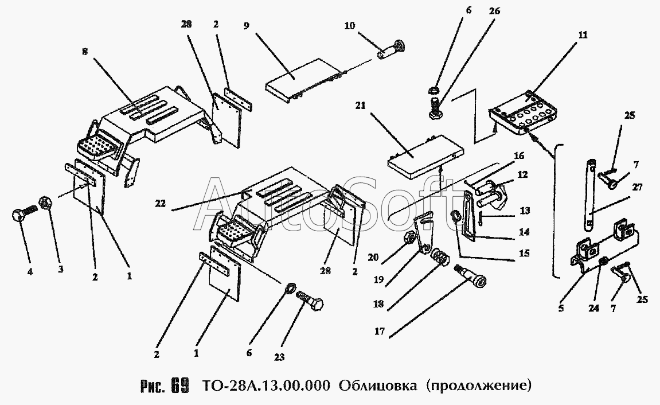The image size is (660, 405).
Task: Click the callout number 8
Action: pos(85,51)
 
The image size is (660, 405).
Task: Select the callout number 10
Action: pos(350,27)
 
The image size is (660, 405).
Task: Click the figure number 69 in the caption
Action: pos(179,385)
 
